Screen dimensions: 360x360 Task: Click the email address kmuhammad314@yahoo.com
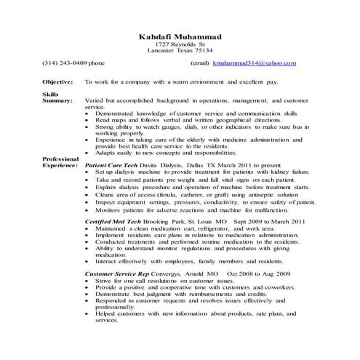pos(254,63)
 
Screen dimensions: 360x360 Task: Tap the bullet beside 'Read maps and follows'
pos(88,120)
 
